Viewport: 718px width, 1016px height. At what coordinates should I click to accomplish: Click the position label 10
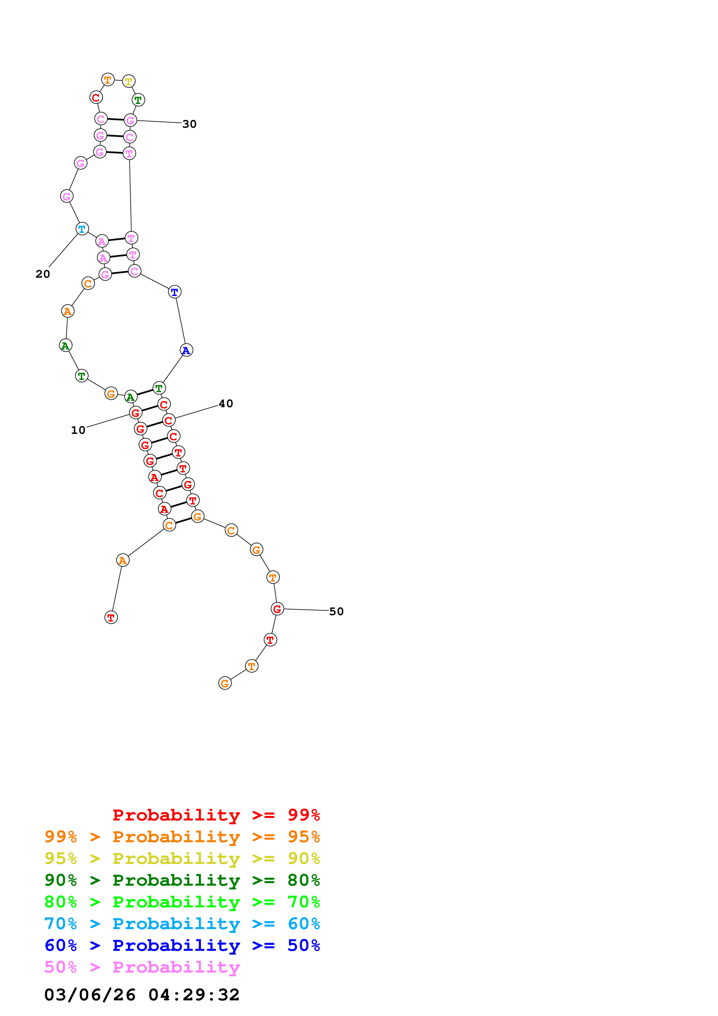click(x=78, y=430)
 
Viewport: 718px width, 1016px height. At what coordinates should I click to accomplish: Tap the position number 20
click(x=43, y=274)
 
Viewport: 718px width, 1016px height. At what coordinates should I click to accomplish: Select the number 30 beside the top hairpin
click(x=189, y=124)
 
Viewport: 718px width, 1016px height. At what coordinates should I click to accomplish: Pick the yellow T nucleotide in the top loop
click(x=128, y=81)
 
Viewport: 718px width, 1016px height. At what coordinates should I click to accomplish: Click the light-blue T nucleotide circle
click(x=82, y=229)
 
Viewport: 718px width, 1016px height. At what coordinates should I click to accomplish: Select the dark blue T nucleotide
click(x=175, y=292)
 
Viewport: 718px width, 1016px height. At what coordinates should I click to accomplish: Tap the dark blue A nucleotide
click(x=186, y=350)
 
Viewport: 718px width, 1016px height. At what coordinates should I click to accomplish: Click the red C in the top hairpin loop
click(x=96, y=97)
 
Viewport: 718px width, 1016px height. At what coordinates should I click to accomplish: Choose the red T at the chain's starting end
click(x=111, y=617)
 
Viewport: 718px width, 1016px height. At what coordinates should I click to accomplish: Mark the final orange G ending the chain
click(x=225, y=683)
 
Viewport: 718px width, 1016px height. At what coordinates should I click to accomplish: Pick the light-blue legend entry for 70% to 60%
click(x=182, y=924)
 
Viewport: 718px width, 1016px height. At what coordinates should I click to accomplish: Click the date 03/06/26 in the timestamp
click(x=90, y=995)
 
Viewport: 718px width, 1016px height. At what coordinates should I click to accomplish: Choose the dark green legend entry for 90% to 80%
click(x=182, y=880)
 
